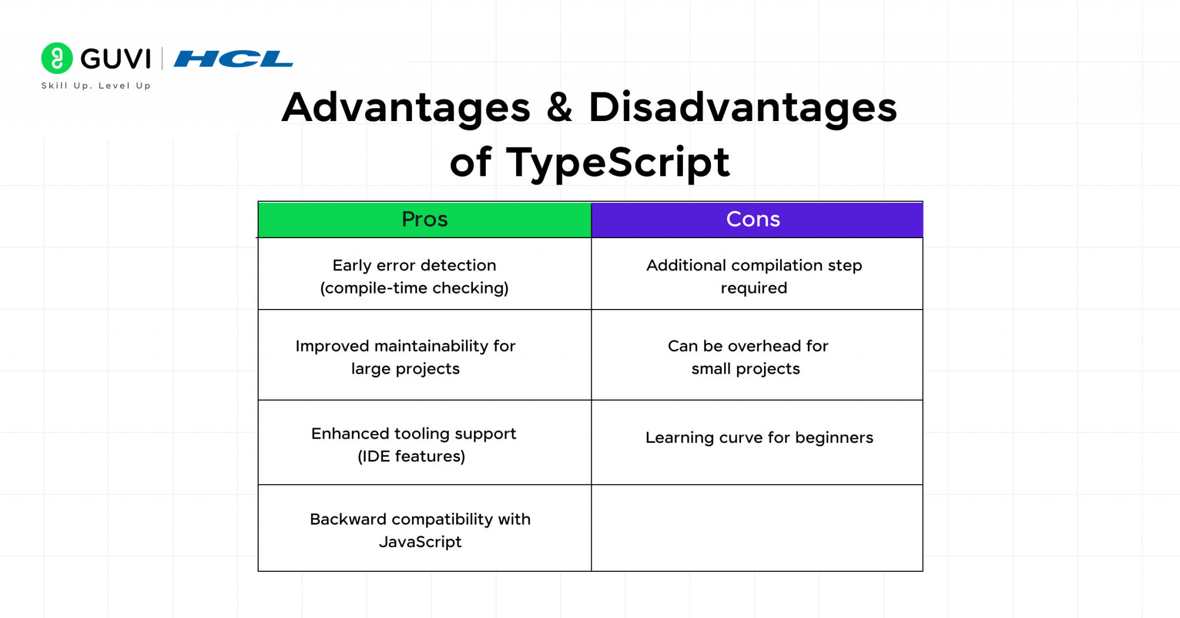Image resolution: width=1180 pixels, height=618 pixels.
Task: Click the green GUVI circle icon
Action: pos(57,58)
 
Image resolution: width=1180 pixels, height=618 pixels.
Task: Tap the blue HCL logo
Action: pos(233,59)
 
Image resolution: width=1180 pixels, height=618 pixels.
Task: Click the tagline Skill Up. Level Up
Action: pos(96,86)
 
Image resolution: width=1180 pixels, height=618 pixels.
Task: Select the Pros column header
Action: pos(425,220)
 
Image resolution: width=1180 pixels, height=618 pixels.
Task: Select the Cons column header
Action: pos(753,220)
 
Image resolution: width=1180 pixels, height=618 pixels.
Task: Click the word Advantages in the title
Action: pos(406,108)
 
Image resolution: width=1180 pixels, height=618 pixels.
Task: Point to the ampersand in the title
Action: pos(559,108)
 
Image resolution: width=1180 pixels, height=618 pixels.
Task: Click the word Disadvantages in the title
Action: pos(742,108)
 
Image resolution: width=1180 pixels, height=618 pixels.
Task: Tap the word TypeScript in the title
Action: pos(618,163)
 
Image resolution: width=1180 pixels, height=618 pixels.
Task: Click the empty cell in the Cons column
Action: pos(757,528)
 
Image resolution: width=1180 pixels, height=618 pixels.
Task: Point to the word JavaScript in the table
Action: pos(420,542)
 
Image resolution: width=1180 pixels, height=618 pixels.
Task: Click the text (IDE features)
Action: pos(411,457)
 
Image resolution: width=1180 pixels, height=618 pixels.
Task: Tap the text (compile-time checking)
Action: pos(414,288)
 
